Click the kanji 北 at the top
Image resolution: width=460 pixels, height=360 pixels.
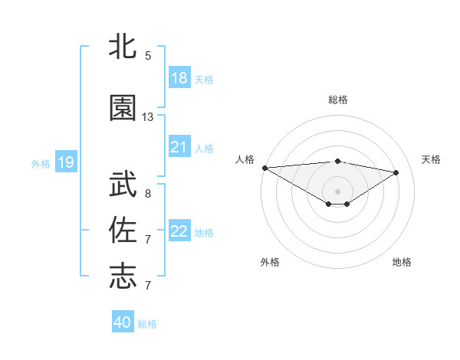tap(123, 47)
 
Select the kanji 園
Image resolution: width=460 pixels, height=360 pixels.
tap(123, 109)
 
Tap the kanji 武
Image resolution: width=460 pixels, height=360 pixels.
tap(123, 185)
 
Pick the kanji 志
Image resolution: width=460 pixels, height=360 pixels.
tap(123, 277)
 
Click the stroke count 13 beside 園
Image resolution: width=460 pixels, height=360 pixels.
tap(148, 117)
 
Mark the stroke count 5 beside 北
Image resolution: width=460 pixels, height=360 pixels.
tap(148, 55)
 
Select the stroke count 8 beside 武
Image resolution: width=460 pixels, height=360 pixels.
tap(148, 193)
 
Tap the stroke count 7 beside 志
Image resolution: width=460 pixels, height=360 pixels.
tap(148, 285)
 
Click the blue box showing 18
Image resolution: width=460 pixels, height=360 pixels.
tap(179, 78)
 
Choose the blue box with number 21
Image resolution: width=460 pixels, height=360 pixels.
tap(179, 147)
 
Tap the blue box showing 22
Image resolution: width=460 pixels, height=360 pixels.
tap(179, 231)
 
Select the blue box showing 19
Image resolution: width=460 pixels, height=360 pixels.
tap(65, 162)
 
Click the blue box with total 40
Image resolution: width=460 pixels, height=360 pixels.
tap(123, 322)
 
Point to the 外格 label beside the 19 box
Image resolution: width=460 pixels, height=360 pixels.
tap(41, 162)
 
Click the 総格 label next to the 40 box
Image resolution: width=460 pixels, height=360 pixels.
tap(147, 323)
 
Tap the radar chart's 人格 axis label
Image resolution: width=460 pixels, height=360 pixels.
tap(245, 159)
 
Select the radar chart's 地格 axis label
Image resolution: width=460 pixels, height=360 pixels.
tap(402, 262)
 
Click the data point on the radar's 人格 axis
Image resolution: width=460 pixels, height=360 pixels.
tap(264, 168)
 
